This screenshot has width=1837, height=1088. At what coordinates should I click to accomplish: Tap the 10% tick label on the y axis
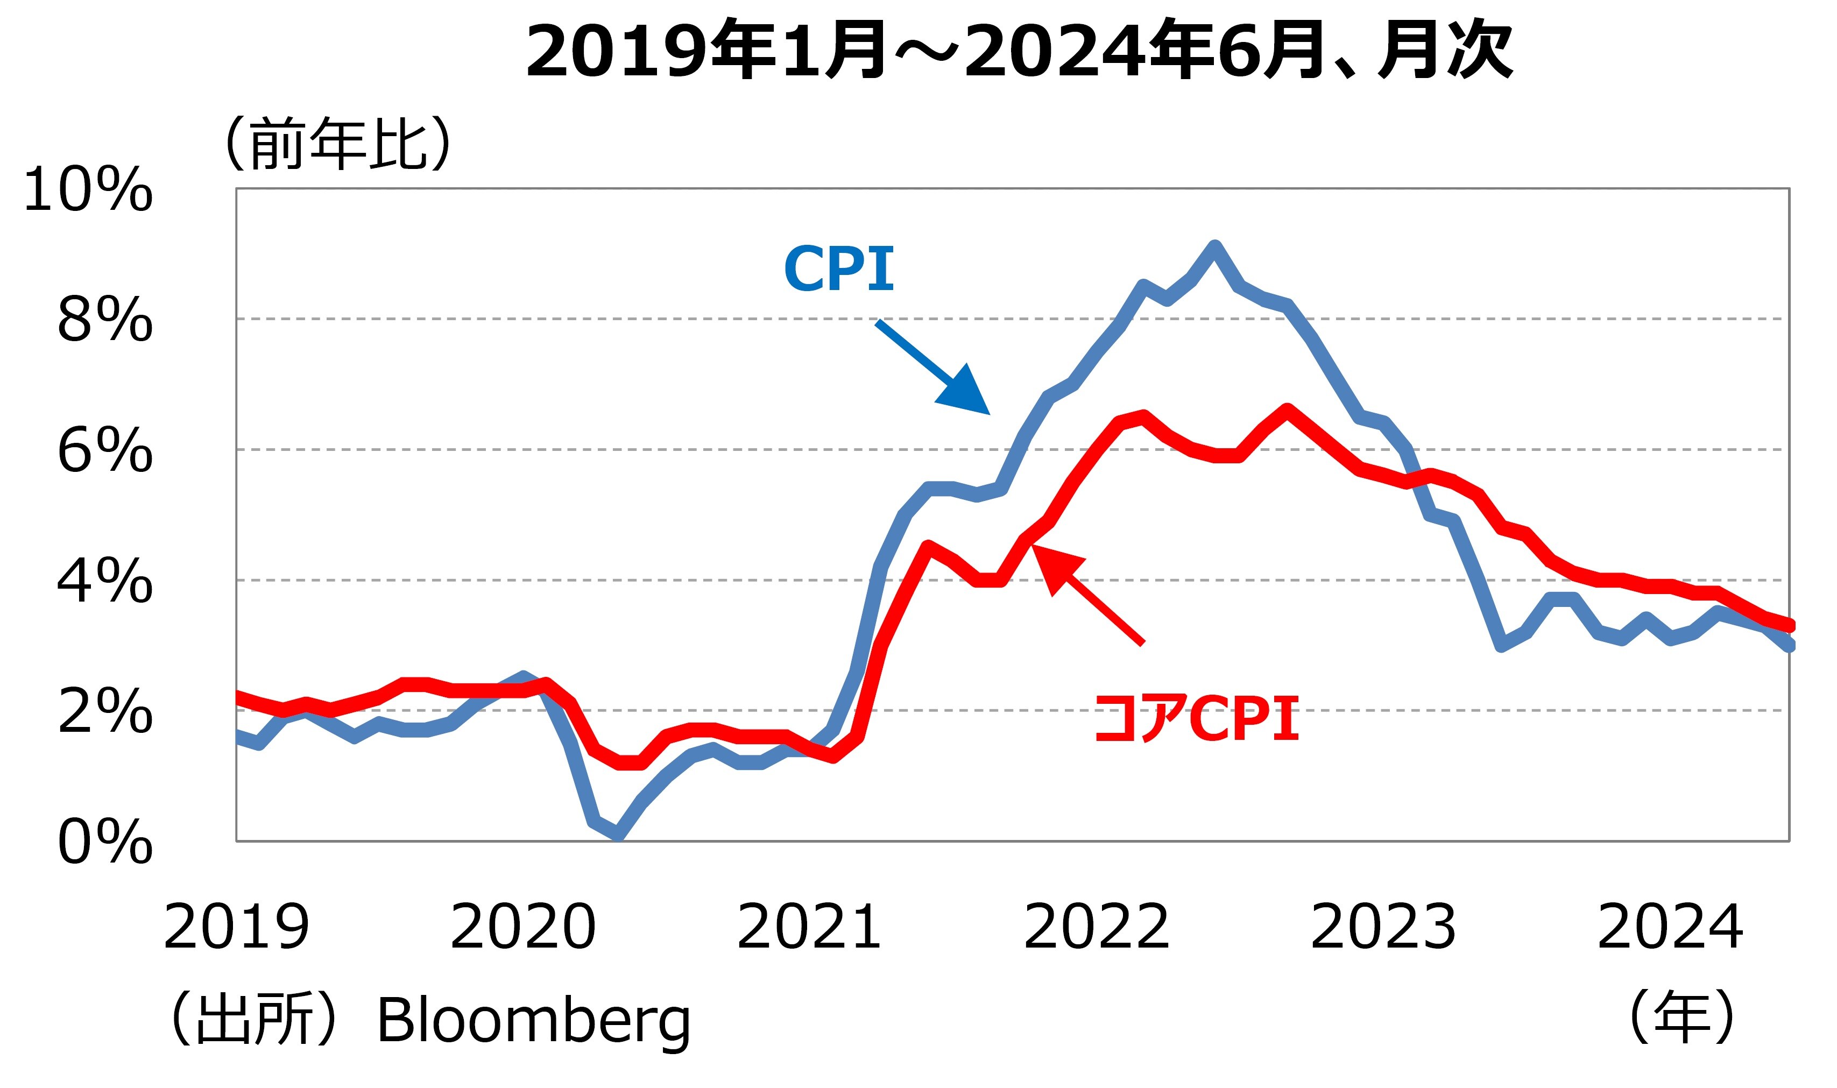pyautogui.click(x=88, y=190)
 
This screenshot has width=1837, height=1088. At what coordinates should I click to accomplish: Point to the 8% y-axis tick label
pyautogui.click(x=105, y=320)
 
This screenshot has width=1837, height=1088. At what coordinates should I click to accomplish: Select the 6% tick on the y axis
pyautogui.click(x=105, y=450)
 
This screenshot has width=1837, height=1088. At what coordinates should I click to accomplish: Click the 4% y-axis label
pyautogui.click(x=105, y=581)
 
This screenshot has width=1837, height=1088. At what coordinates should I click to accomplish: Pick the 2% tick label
pyautogui.click(x=105, y=711)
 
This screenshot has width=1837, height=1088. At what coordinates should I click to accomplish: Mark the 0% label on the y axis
pyautogui.click(x=105, y=842)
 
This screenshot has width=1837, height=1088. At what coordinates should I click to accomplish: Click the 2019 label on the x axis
pyautogui.click(x=236, y=928)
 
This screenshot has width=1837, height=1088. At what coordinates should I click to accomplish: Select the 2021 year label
pyautogui.click(x=809, y=928)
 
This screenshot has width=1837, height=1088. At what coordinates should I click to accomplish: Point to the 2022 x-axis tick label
pyautogui.click(x=1096, y=928)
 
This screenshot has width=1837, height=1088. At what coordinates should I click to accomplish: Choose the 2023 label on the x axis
pyautogui.click(x=1382, y=928)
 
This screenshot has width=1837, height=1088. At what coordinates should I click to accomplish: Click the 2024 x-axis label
pyautogui.click(x=1670, y=928)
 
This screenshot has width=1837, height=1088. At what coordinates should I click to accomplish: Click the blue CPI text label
pyautogui.click(x=839, y=269)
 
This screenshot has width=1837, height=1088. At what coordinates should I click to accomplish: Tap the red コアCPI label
pyautogui.click(x=1196, y=719)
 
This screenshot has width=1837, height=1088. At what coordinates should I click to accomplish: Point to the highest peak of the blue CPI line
pyautogui.click(x=1214, y=246)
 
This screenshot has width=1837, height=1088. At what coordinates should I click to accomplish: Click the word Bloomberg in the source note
pyautogui.click(x=533, y=1021)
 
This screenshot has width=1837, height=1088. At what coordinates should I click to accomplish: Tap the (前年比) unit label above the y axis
pyautogui.click(x=338, y=144)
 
